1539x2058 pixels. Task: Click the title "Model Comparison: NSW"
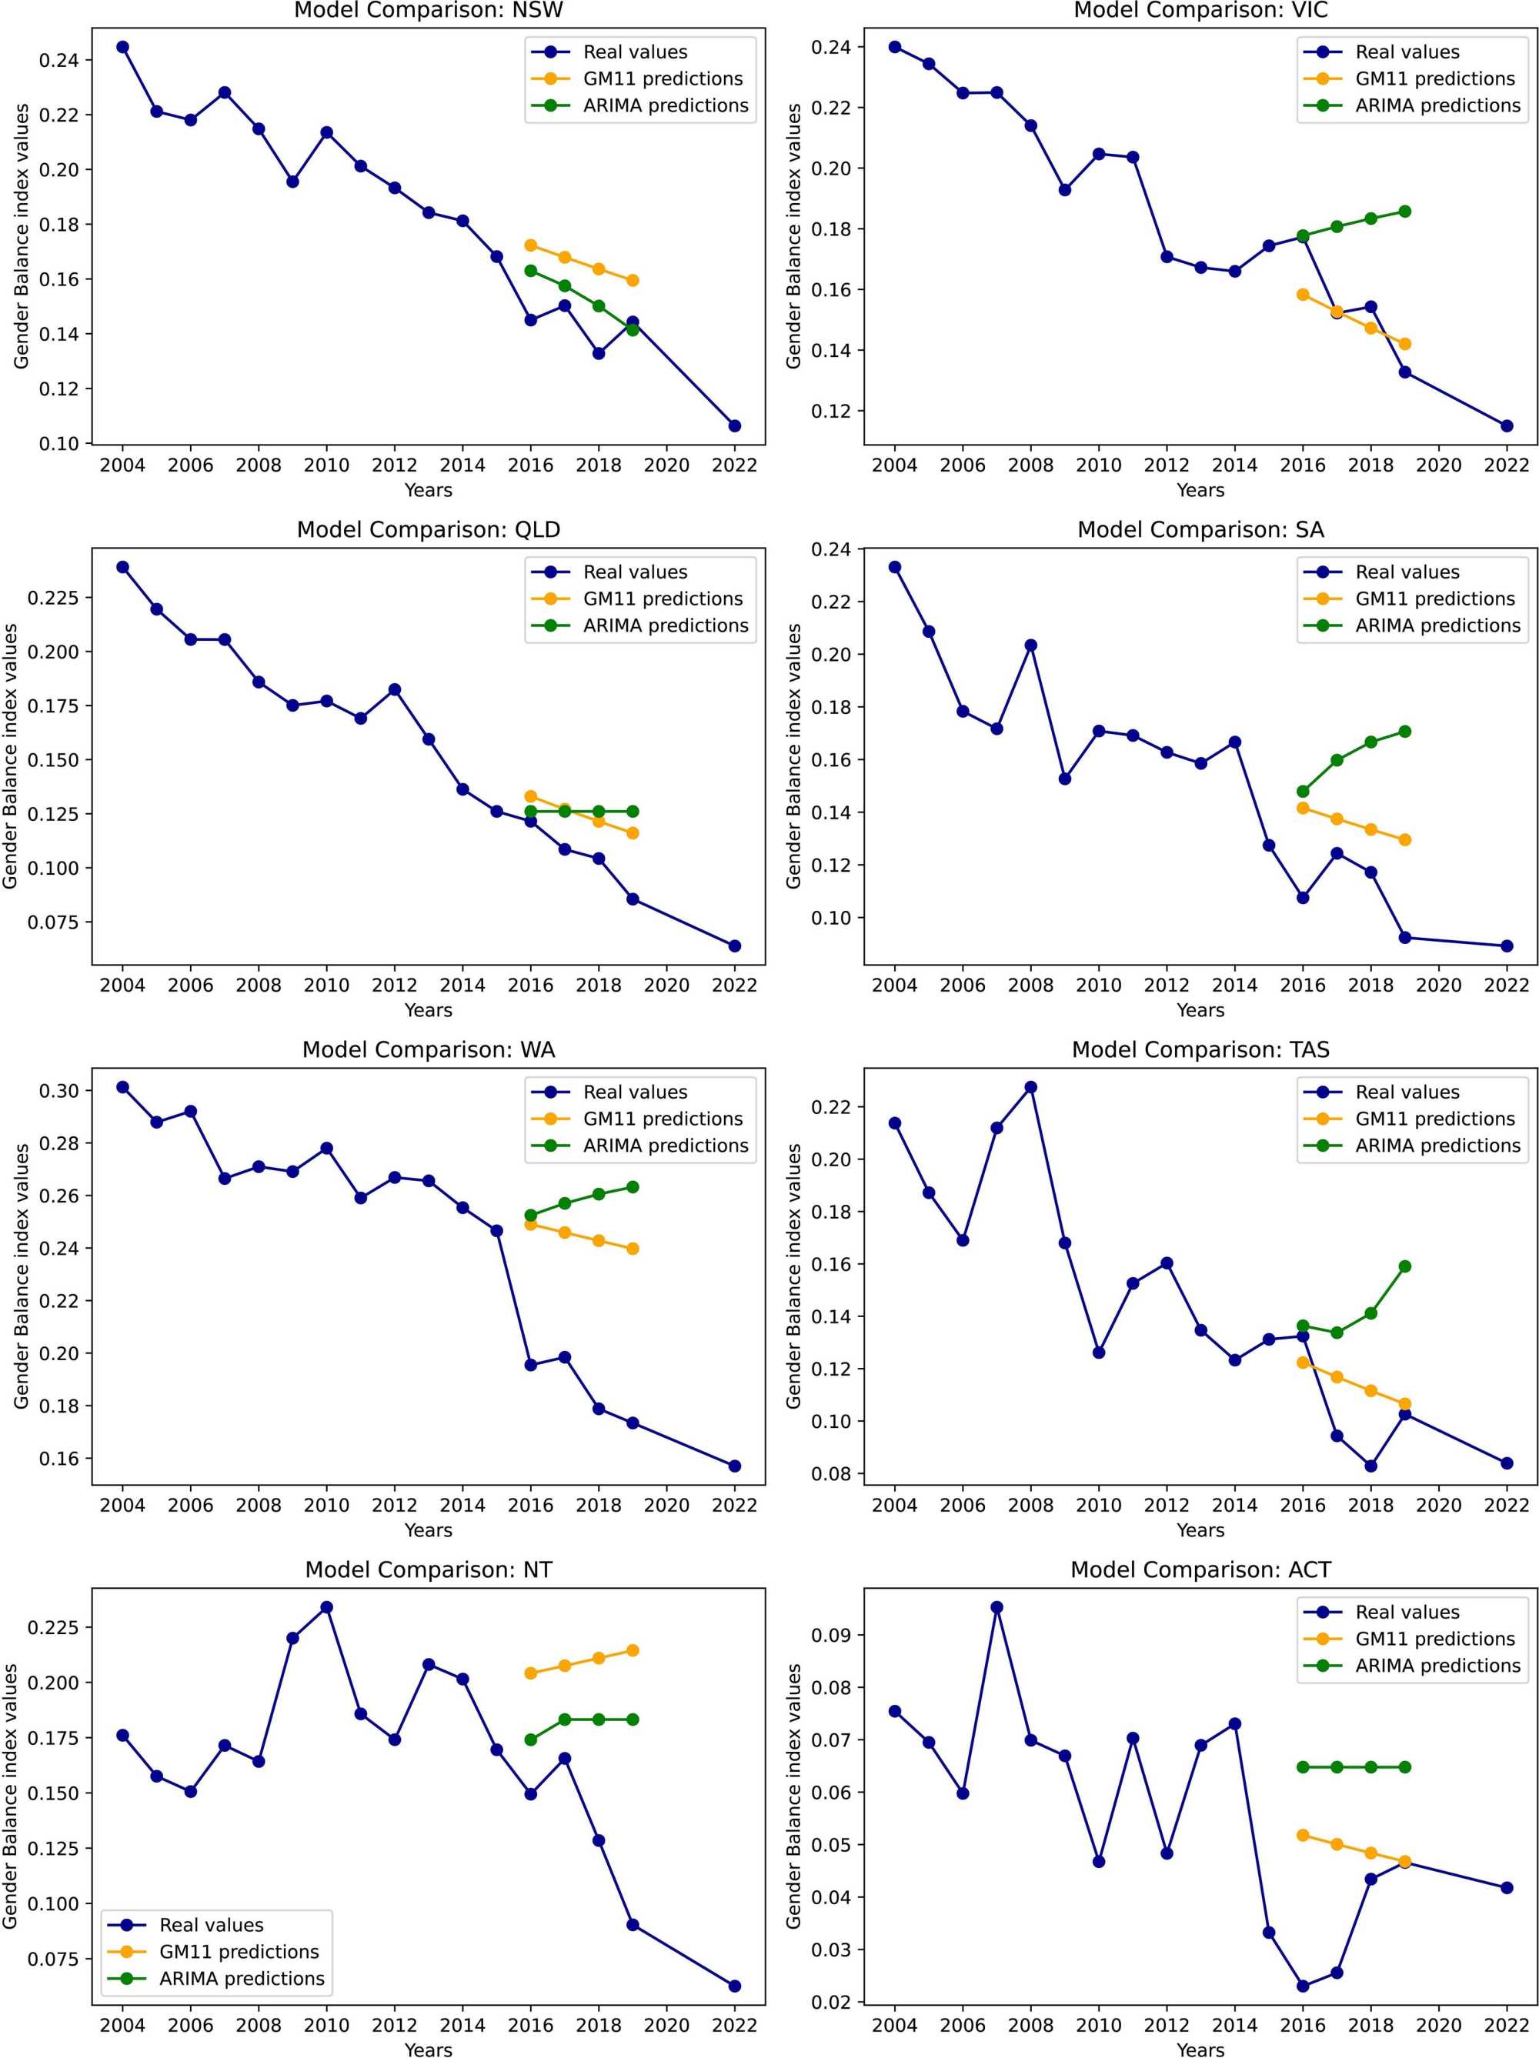pos(428,12)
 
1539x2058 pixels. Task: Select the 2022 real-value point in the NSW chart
pos(734,426)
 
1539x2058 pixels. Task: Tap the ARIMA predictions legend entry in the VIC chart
pos(1437,106)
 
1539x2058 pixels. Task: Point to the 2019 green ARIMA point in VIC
pos(1404,212)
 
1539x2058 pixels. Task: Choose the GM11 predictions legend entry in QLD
pos(663,599)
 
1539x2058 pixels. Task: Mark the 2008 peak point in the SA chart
pos(1030,645)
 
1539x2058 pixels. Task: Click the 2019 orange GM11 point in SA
pos(1404,840)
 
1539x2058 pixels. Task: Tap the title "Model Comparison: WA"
pos(428,1050)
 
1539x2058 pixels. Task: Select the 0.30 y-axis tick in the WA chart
pos(58,1090)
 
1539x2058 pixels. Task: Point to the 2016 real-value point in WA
pos(530,1365)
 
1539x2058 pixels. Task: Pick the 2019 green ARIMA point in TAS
pos(1404,1266)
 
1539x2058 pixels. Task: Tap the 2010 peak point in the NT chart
pos(326,1606)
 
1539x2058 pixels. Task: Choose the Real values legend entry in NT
pos(210,1925)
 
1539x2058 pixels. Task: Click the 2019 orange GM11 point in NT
pos(633,1650)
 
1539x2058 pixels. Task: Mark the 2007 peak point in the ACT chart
pos(997,1606)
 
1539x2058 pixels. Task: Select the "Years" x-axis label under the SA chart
pos(1200,1010)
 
